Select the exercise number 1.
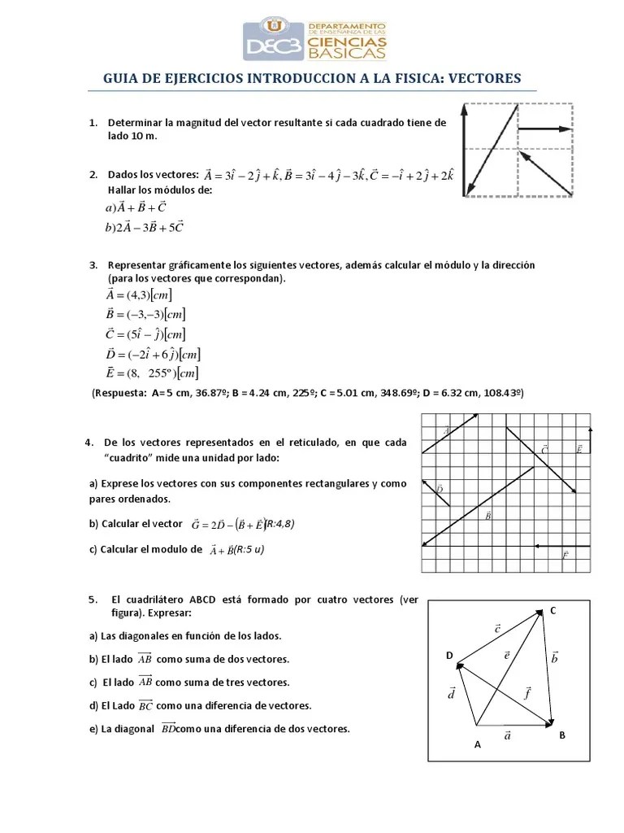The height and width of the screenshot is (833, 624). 93,123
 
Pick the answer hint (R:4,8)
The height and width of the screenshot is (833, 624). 279,524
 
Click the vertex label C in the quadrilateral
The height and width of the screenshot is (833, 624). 552,610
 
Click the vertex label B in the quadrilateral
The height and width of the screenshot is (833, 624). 561,735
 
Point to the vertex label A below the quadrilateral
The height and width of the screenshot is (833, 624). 477,744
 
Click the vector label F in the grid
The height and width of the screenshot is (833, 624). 565,556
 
